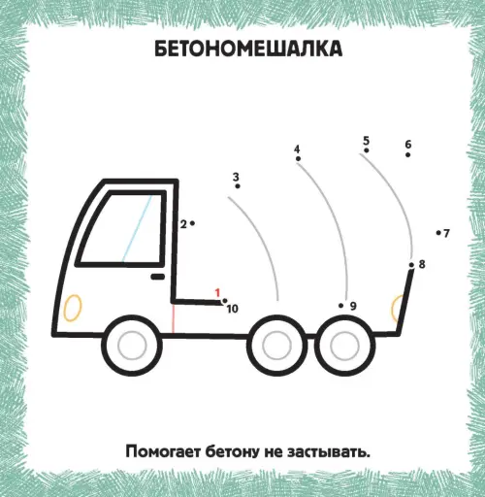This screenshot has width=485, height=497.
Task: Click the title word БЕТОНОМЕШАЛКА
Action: [x=248, y=50]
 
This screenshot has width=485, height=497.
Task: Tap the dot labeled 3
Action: [x=238, y=186]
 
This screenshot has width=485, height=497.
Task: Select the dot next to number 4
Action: [x=298, y=158]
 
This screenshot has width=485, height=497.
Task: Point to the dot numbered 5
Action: [x=367, y=150]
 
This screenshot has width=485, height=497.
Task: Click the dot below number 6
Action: [x=408, y=154]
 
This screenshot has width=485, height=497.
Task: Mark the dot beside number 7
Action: [x=438, y=233]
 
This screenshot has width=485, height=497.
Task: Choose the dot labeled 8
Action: [x=411, y=265]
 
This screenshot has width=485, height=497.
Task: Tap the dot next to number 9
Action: [x=340, y=306]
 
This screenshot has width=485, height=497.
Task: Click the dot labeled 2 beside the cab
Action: [x=192, y=223]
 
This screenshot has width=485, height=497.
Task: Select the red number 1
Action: [x=217, y=293]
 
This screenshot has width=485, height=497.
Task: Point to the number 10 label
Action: [x=233, y=309]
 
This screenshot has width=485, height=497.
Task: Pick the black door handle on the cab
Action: [x=158, y=277]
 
